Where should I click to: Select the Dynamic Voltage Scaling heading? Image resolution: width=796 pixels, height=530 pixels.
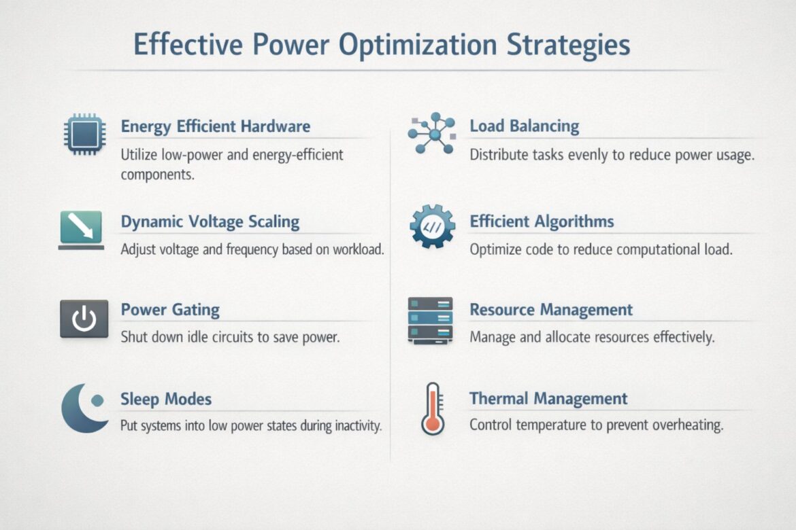point(210,222)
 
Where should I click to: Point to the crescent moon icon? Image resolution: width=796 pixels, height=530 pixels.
point(83,408)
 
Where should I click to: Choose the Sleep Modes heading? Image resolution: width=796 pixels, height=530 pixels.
point(166,399)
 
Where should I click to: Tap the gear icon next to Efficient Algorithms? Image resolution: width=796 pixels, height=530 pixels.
point(432,228)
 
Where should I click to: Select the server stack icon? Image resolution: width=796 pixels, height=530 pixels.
point(430,319)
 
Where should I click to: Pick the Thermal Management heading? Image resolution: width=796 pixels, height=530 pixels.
point(548,399)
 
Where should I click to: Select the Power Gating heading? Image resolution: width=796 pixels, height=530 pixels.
point(170,310)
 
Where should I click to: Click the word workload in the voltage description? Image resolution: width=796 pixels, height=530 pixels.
point(359,249)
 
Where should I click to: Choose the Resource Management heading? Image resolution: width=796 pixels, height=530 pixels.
point(551,310)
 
